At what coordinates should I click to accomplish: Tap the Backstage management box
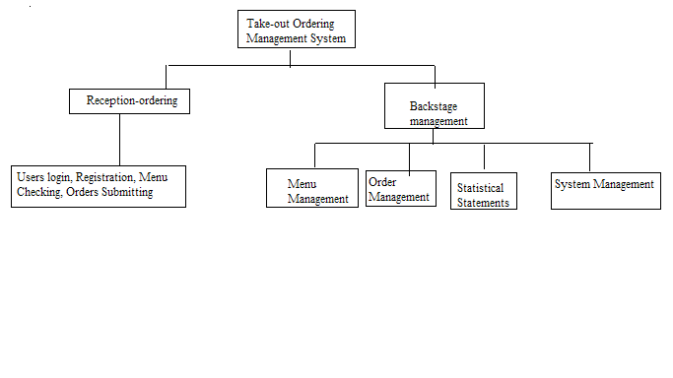[434, 106]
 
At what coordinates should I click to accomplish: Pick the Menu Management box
[312, 188]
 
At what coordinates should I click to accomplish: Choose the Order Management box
[400, 188]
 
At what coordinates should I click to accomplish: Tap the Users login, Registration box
[99, 186]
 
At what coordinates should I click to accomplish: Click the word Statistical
[480, 187]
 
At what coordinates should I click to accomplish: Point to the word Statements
[483, 203]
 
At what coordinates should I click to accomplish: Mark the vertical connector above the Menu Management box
[314, 156]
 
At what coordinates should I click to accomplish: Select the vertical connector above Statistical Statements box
[484, 157]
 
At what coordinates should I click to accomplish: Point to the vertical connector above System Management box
[590, 157]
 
